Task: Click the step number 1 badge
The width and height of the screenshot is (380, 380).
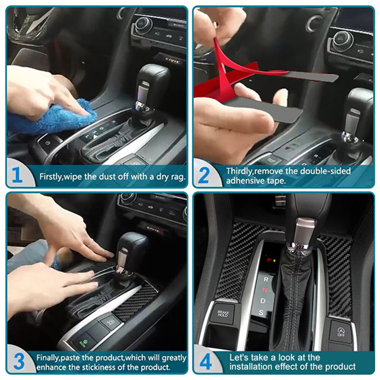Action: point(17,176)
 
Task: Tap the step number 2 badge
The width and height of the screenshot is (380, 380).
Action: point(204,176)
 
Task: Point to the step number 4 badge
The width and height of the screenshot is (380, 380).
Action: point(205,362)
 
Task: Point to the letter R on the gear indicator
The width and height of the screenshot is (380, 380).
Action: point(266,279)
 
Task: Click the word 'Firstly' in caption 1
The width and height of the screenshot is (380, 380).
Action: point(51,177)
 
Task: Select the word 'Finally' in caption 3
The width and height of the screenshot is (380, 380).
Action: point(48,358)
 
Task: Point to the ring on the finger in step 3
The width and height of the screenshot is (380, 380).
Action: point(90,242)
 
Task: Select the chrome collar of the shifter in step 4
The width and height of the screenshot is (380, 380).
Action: point(307,228)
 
